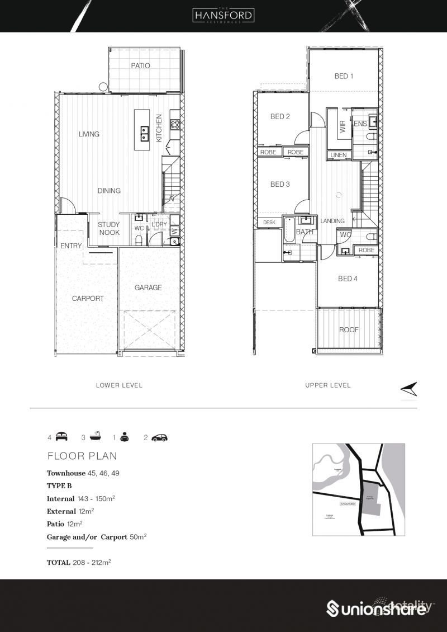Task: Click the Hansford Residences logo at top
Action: (223, 15)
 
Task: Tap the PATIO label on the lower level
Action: (140, 65)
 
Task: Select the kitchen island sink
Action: (144, 133)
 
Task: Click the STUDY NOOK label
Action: (110, 228)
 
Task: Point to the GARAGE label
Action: (148, 287)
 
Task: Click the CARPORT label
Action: (88, 298)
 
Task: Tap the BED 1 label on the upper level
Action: (344, 76)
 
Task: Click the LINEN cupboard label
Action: (339, 155)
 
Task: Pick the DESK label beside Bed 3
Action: (269, 222)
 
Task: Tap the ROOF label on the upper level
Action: (349, 329)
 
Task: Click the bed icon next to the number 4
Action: (61, 437)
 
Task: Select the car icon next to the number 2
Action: (160, 437)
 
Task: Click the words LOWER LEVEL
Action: (119, 385)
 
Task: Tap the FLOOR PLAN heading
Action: (82, 456)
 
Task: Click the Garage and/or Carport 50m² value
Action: (137, 537)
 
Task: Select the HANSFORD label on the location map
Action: (348, 504)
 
